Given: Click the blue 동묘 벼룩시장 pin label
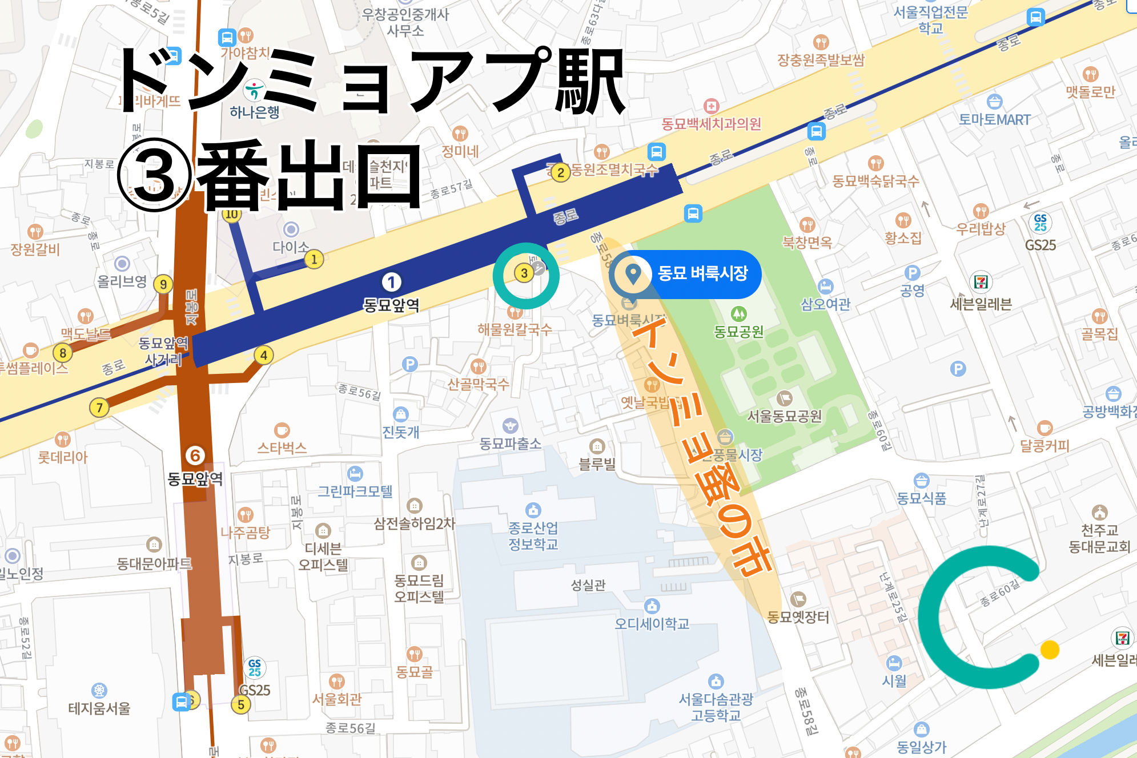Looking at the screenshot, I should click(x=702, y=273).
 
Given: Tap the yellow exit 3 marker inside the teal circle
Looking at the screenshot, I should click(x=524, y=273).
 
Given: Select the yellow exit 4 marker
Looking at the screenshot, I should click(x=263, y=355).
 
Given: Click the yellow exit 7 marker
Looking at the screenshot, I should click(x=99, y=408).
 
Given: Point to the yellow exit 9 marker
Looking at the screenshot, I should click(x=163, y=284).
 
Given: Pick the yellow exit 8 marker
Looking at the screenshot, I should click(x=63, y=353).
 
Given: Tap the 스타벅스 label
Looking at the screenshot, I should click(x=282, y=447).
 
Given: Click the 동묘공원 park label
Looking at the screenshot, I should click(x=738, y=331).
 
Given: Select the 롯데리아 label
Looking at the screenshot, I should click(x=63, y=457).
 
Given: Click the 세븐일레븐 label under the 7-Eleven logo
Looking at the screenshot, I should click(x=981, y=304).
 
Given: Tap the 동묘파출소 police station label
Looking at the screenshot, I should click(x=510, y=443).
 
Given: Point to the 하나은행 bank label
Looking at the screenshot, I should click(x=255, y=112).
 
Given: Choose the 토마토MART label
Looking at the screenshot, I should click(x=994, y=120).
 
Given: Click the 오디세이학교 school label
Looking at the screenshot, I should click(x=652, y=623).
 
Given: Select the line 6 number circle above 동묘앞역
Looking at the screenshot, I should click(x=195, y=455).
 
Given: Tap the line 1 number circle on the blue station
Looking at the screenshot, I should click(x=391, y=282).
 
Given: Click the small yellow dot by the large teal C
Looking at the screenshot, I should click(x=1050, y=650).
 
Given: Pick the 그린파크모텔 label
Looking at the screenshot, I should click(x=355, y=491).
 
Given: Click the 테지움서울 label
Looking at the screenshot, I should click(x=99, y=708).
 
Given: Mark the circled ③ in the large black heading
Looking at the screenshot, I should click(x=154, y=175).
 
